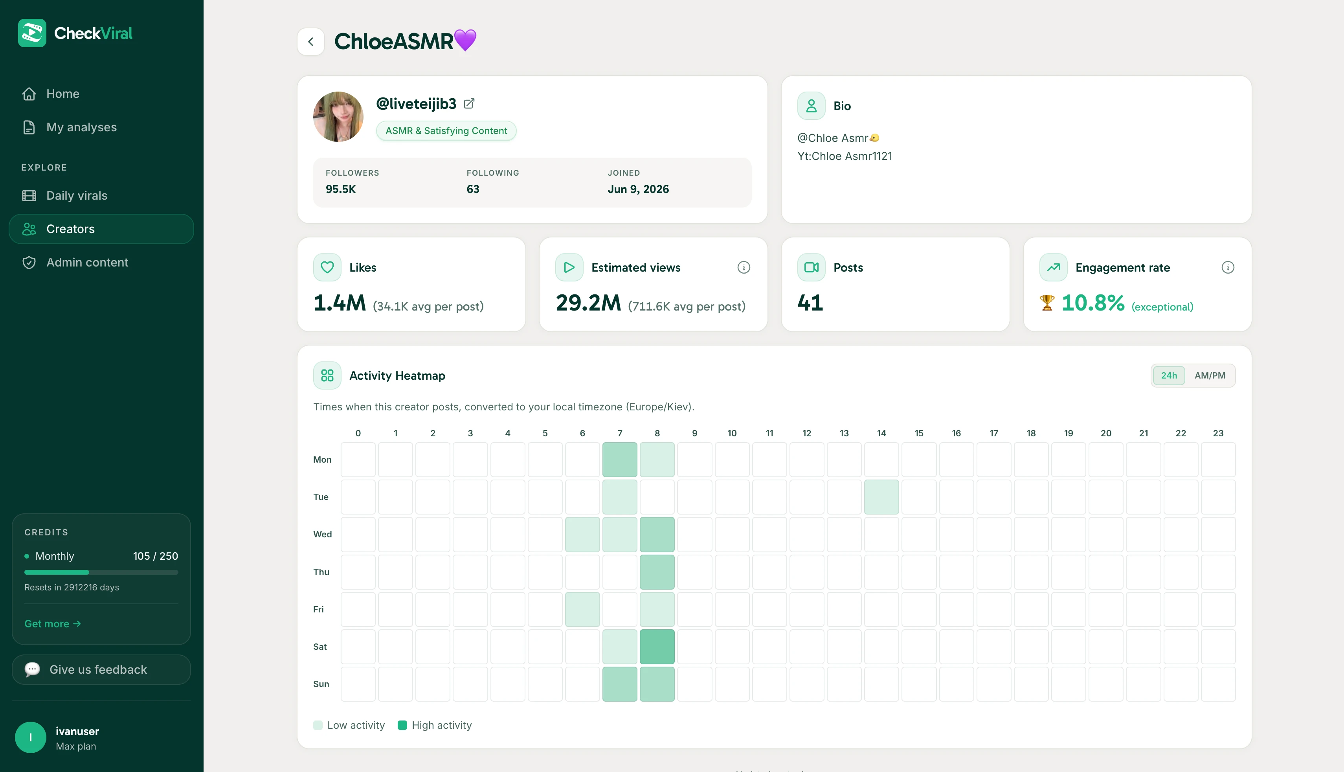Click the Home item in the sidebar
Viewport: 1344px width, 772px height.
(50, 94)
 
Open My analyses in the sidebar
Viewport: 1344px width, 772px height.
(69, 127)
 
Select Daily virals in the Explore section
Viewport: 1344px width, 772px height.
(65, 196)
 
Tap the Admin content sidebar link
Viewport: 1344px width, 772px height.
(75, 263)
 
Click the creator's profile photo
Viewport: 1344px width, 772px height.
(338, 117)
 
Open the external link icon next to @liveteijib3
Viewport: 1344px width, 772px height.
(469, 103)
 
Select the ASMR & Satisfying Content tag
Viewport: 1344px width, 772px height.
(446, 131)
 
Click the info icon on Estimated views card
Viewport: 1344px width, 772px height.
(744, 267)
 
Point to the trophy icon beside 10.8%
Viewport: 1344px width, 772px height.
(1047, 303)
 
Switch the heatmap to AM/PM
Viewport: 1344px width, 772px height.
(1210, 375)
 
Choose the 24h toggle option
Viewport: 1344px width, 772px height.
(1169, 375)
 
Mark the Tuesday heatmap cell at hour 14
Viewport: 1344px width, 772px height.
(881, 497)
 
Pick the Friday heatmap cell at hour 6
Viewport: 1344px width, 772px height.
(582, 609)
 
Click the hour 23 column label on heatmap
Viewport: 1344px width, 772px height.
(1218, 433)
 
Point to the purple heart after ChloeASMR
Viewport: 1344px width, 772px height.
(465, 40)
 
